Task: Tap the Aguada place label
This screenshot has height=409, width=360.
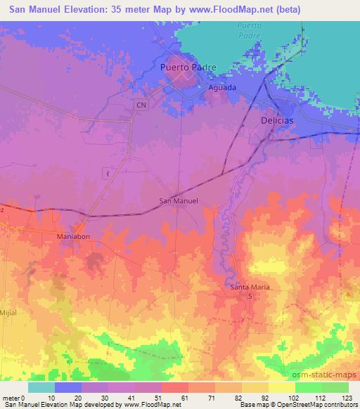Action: [x=222, y=88]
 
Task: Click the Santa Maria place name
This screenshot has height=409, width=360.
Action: [x=251, y=287]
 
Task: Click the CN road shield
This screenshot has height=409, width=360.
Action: [x=142, y=104]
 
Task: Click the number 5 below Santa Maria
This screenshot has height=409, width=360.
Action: [x=251, y=297]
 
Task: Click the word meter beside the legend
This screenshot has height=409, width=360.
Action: [x=11, y=397]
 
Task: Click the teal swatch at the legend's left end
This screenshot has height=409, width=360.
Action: [x=41, y=387]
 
